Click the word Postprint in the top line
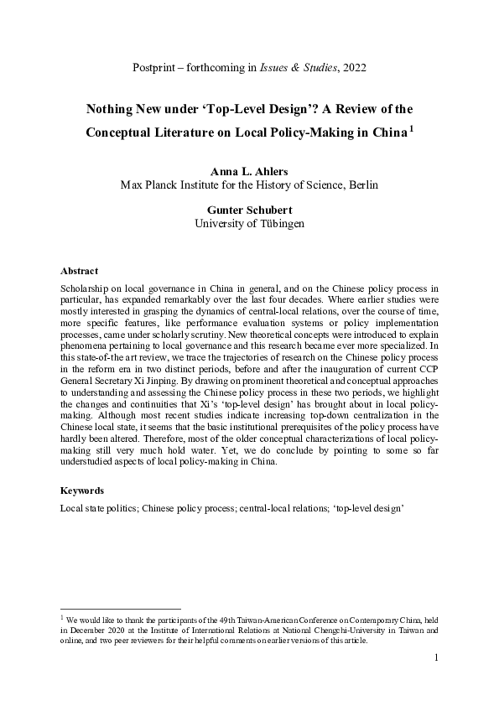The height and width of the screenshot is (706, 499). pos(158,66)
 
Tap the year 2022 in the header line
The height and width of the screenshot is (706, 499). pos(351,66)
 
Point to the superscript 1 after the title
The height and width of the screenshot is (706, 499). pos(411,129)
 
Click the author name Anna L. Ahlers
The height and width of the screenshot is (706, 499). pos(249,171)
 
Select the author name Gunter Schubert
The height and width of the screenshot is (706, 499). pos(249,211)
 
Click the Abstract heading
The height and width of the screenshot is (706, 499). pos(79,271)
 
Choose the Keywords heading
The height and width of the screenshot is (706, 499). pos(83,491)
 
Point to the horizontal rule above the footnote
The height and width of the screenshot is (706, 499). pos(121,610)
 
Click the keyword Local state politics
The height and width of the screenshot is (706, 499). pos(98,508)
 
